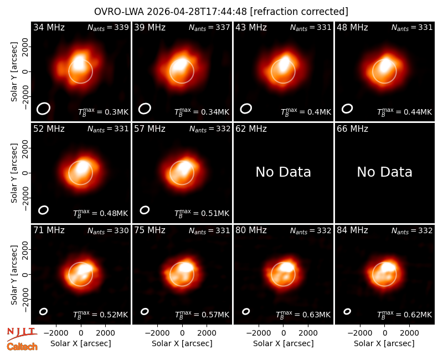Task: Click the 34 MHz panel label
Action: coord(49,27)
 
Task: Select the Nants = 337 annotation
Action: coord(209,28)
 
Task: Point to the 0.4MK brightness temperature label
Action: coord(306,112)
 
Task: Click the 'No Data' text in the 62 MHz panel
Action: coord(284,172)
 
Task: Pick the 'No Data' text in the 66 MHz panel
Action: coord(384,172)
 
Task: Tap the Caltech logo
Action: coord(22,347)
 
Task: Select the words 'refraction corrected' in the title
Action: coord(299,12)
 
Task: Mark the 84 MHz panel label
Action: coord(352,230)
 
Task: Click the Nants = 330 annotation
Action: coord(108,230)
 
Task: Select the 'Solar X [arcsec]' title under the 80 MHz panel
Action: coord(284,343)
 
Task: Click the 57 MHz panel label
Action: coord(150,129)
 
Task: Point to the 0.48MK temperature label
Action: coord(101,213)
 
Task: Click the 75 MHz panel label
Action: coord(150,230)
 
